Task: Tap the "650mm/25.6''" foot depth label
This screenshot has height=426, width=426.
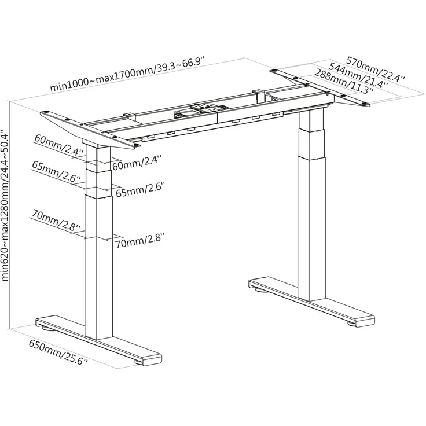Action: [x=58, y=352]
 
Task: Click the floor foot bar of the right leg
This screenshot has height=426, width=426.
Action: [x=311, y=302]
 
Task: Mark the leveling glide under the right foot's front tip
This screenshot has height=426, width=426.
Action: [x=351, y=324]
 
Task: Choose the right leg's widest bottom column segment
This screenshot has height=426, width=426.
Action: [x=311, y=228]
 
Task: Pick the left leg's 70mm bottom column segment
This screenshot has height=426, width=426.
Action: [x=98, y=267]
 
